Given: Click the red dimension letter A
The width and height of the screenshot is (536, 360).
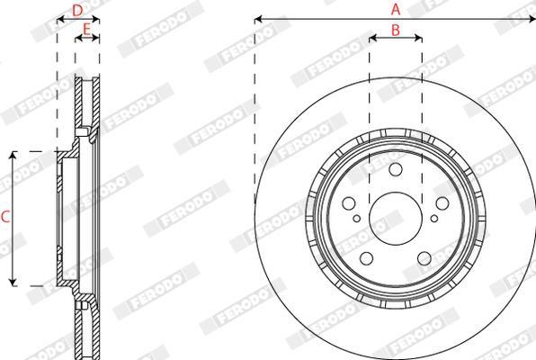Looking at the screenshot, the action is click(396, 9).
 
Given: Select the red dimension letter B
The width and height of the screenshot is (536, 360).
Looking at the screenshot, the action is click(396, 30).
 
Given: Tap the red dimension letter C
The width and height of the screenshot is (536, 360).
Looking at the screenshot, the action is click(5, 217).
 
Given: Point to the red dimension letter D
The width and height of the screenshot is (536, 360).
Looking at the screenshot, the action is click(77, 11).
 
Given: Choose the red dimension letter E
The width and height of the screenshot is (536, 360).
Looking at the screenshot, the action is click(87, 30).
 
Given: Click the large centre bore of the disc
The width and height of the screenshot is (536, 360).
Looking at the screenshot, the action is click(396, 219).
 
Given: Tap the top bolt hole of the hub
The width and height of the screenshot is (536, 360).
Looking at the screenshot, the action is click(396, 169).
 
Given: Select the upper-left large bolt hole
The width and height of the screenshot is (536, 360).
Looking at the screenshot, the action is click(349, 203).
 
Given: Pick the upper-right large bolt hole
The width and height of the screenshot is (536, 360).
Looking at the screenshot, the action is click(442, 203).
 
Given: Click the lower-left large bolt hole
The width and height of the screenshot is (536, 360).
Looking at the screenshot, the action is click(367, 258).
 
